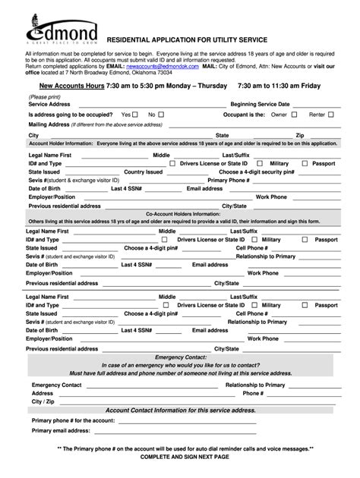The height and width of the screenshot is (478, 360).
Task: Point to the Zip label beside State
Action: pyautogui.click(x=300, y=134)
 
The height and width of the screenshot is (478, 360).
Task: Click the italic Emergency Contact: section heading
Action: pyautogui.click(x=180, y=357)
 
